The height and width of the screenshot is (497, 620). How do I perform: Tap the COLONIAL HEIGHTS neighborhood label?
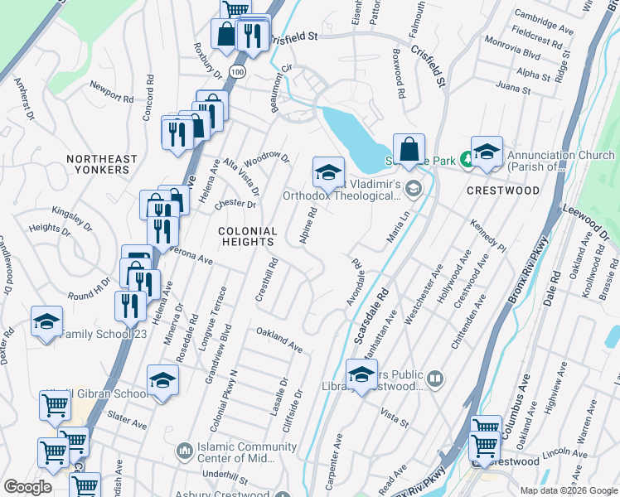tap(247, 236)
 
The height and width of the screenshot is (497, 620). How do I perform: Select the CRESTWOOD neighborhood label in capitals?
tap(502, 191)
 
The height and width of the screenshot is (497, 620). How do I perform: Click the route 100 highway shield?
tap(238, 74)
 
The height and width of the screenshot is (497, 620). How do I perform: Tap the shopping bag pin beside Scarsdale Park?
tap(409, 151)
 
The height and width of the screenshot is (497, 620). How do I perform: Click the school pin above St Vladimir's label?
tap(328, 173)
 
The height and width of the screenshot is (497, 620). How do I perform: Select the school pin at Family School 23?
tap(46, 324)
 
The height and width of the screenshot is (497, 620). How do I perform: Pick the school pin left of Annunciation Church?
tap(487, 153)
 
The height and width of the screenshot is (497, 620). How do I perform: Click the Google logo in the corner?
tap(27, 487)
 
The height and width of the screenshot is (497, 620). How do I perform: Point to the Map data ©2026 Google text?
tap(569, 490)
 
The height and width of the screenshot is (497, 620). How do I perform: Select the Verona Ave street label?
tap(191, 255)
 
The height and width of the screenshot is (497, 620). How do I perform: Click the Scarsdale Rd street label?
tap(371, 317)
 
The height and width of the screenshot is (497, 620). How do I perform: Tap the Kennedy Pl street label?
tap(487, 234)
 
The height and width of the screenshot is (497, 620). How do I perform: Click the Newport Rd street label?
tap(111, 91)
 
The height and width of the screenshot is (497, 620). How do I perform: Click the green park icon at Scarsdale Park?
tap(468, 160)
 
